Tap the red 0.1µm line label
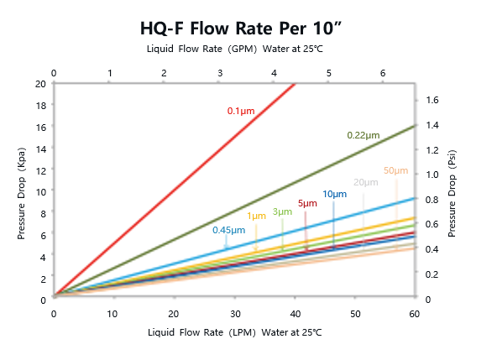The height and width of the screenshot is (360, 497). tap(241, 111)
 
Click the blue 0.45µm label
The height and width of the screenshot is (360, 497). tap(228, 230)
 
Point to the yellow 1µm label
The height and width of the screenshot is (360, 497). tap(256, 217)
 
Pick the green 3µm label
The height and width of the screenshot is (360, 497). tap(282, 211)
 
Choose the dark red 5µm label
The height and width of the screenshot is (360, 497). tap(307, 203)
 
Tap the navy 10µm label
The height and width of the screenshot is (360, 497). tap(335, 195)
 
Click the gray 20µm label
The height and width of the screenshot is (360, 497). tap(365, 182)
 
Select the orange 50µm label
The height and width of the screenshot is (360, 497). tap(395, 170)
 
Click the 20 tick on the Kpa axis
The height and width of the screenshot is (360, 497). tap(41, 84)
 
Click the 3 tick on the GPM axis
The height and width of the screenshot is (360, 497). tap(219, 73)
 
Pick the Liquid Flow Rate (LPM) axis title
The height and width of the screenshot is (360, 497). tap(233, 333)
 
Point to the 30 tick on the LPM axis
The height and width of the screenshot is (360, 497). tap(234, 314)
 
